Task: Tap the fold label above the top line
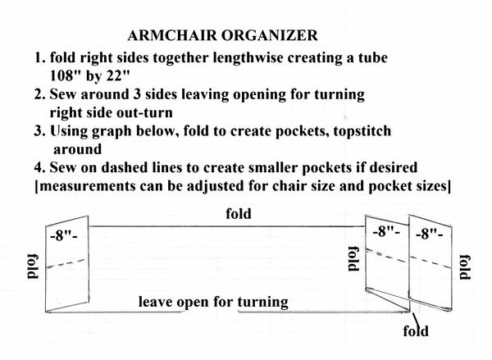pyautogui.click(x=238, y=214)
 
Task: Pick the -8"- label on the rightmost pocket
pyautogui.click(x=431, y=233)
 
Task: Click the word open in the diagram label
pyautogui.click(x=196, y=302)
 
